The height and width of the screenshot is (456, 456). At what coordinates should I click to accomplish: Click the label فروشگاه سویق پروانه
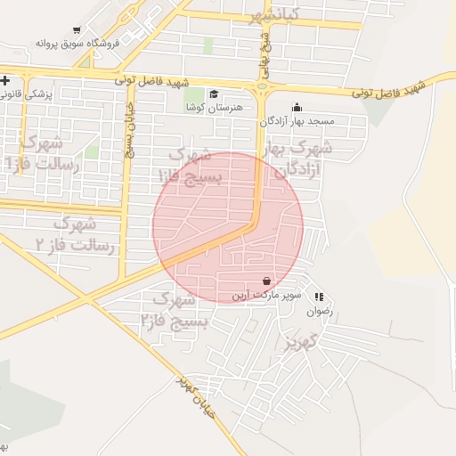64,42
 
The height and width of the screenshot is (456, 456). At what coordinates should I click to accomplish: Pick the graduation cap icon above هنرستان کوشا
213,94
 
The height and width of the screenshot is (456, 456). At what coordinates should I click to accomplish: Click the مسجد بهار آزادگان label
297,120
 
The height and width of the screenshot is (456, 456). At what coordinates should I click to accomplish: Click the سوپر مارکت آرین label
268,294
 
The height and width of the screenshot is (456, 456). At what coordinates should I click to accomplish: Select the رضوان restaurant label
319,312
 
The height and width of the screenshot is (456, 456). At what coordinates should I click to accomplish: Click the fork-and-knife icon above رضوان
319,297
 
